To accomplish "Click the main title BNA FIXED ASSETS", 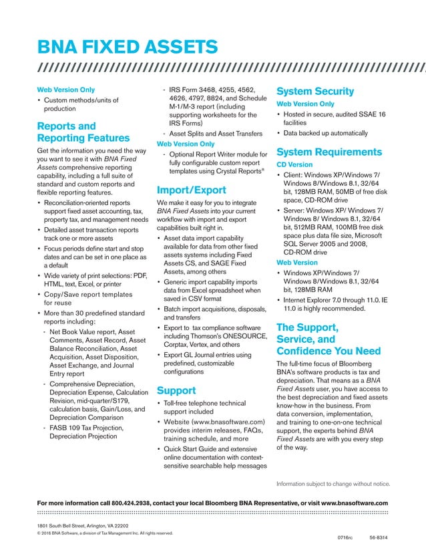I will pyautogui.click(x=127, y=47).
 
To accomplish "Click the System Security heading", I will pyautogui.click(x=315, y=91).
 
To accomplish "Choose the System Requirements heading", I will pyautogui.click(x=329, y=151).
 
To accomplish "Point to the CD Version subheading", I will pyautogui.click(x=294, y=164).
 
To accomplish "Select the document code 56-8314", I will pyautogui.click(x=379, y=537).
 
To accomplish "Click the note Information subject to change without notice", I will pyautogui.click(x=333, y=483).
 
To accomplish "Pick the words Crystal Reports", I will pyautogui.click(x=238, y=170).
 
